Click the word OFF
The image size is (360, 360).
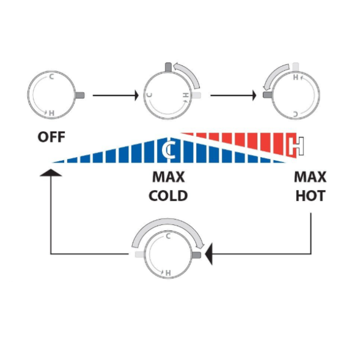pyautogui.click(x=51, y=137)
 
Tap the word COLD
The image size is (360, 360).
pyautogui.click(x=168, y=196)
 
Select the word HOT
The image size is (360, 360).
pyautogui.click(x=310, y=196)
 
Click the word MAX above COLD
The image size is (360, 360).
pyautogui.click(x=169, y=177)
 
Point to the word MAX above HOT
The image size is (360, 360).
pyautogui.click(x=310, y=177)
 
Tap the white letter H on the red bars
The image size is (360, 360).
pyautogui.click(x=296, y=146)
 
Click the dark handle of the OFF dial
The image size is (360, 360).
pyautogui.click(x=80, y=95)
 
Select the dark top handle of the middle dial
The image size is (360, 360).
pyautogui.click(x=168, y=67)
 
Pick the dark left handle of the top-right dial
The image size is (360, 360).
pyautogui.click(x=268, y=95)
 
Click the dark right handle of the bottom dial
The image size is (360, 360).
pyautogui.click(x=196, y=255)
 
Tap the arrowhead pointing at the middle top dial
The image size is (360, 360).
pyautogui.click(x=137, y=95)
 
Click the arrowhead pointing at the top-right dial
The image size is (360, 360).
pyautogui.click(x=254, y=95)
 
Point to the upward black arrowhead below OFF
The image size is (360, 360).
pyautogui.click(x=51, y=172)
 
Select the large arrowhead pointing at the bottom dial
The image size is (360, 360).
pyautogui.click(x=208, y=254)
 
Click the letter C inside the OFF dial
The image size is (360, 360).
pyautogui.click(x=52, y=76)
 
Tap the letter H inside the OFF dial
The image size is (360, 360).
pyautogui.click(x=51, y=113)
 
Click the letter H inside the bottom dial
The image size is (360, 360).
pyautogui.click(x=168, y=273)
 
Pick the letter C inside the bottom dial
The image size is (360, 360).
pyautogui.click(x=168, y=236)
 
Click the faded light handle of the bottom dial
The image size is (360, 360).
pyautogui.click(x=139, y=254)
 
